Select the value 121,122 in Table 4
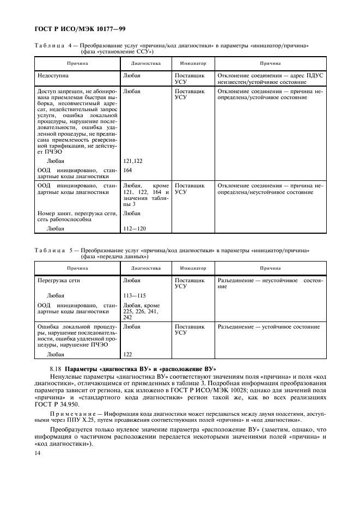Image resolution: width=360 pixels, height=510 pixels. pyautogui.click(x=132, y=161)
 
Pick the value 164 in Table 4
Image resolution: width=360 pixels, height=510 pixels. pyautogui.click(x=128, y=170)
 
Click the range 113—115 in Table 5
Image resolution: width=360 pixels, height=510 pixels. pyautogui.click(x=135, y=296)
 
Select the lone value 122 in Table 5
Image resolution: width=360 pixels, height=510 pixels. pyautogui.click(x=128, y=354)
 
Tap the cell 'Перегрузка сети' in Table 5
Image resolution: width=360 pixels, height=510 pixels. pyautogui.click(x=58, y=281)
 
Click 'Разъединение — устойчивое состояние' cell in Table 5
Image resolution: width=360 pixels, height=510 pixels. pyautogui.click(x=269, y=327)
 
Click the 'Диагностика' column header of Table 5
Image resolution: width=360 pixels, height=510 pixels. pyautogui.click(x=146, y=268)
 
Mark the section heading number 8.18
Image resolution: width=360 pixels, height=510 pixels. pyautogui.click(x=56, y=369)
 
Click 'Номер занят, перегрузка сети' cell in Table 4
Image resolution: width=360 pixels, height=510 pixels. pyautogui.click(x=75, y=216)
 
